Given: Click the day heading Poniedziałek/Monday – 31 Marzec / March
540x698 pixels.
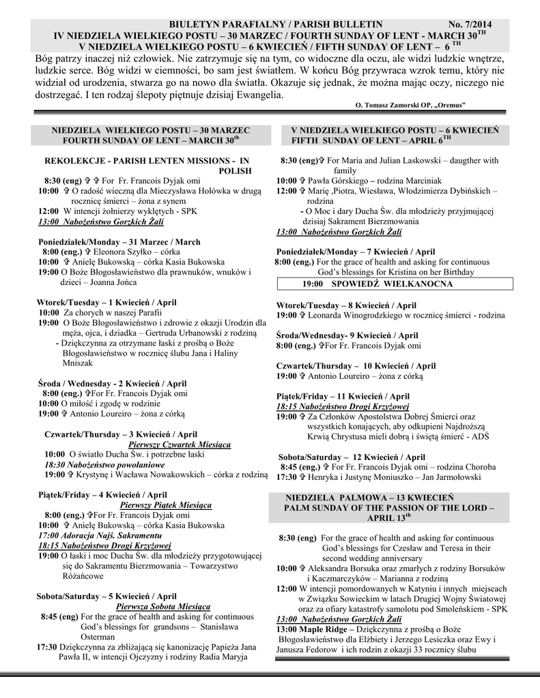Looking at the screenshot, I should tap(119, 242).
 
